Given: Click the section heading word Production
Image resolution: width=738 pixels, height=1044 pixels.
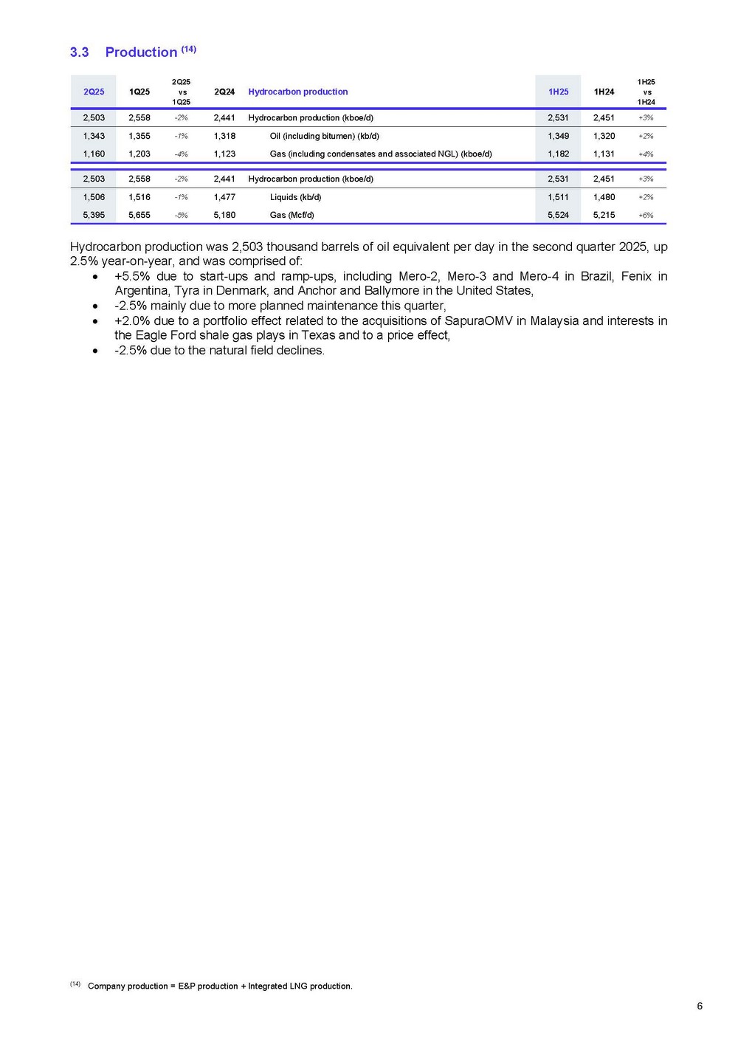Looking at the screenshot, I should (x=141, y=52).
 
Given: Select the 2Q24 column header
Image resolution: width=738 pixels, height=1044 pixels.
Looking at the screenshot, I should (x=224, y=92).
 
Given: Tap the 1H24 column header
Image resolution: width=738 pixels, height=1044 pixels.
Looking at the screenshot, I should (x=604, y=92).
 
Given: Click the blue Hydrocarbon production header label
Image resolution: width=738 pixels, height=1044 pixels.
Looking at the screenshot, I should (x=298, y=92).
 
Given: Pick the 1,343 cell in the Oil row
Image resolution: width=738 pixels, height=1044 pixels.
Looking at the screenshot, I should (x=94, y=136).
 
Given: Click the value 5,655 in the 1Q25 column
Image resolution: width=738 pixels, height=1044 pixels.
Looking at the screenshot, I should (x=139, y=216).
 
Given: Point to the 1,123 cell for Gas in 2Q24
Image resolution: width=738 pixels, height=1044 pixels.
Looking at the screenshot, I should (x=224, y=154).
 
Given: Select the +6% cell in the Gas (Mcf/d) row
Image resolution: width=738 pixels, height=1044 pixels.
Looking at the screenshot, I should (x=646, y=216).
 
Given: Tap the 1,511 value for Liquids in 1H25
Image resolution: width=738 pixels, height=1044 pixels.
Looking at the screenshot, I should (x=558, y=197).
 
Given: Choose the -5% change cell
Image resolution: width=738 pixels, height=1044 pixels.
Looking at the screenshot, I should (x=181, y=216).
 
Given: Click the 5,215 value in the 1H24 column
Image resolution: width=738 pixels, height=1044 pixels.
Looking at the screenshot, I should (x=604, y=216).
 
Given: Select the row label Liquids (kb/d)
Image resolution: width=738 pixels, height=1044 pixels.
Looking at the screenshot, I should (x=295, y=197).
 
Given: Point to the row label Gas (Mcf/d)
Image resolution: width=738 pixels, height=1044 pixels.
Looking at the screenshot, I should (x=292, y=216).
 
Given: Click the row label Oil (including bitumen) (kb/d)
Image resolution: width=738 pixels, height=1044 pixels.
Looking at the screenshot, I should (x=325, y=136).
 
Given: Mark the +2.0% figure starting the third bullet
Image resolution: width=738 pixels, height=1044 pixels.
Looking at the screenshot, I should (x=132, y=321).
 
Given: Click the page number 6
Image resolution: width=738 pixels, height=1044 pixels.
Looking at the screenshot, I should (x=700, y=1006).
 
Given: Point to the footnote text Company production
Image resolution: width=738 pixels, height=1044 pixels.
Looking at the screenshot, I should (x=128, y=986).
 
